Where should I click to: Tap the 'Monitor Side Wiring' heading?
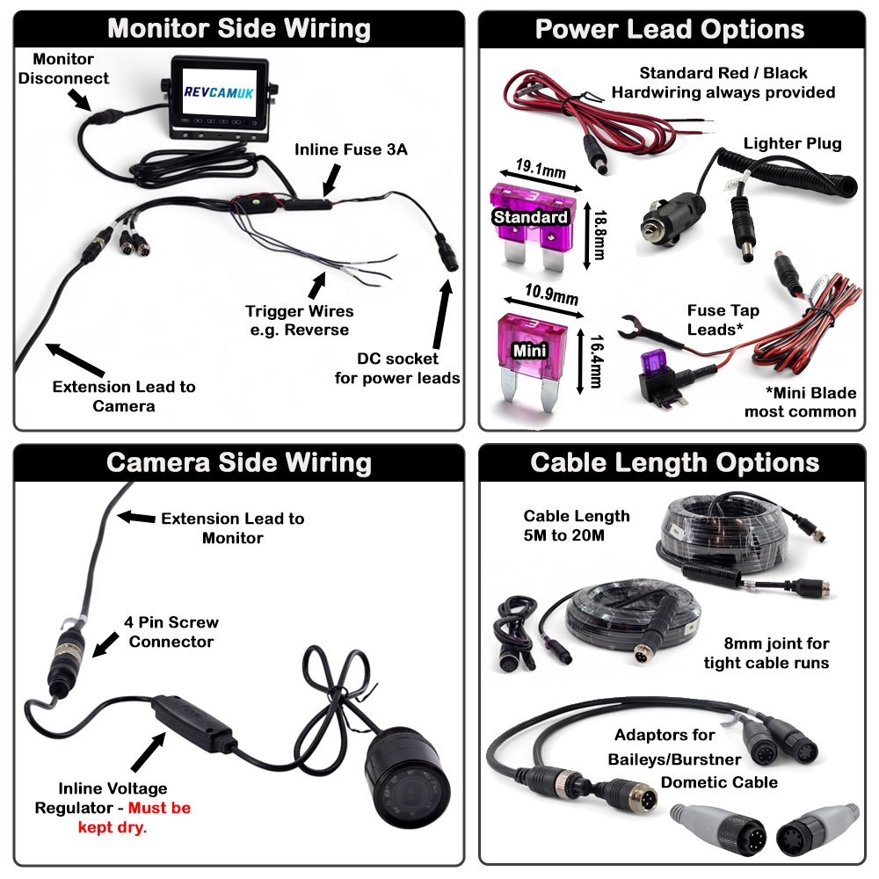(239, 29)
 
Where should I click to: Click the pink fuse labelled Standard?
(530, 220)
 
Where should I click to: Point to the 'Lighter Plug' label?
(792, 143)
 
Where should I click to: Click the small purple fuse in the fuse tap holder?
(651, 361)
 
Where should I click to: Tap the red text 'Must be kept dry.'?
(158, 817)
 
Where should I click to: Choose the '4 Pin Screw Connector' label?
(172, 632)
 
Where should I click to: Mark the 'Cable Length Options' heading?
(674, 462)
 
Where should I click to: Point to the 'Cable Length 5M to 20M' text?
(577, 526)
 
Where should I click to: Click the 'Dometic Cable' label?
(719, 781)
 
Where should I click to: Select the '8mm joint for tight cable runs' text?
(766, 653)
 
